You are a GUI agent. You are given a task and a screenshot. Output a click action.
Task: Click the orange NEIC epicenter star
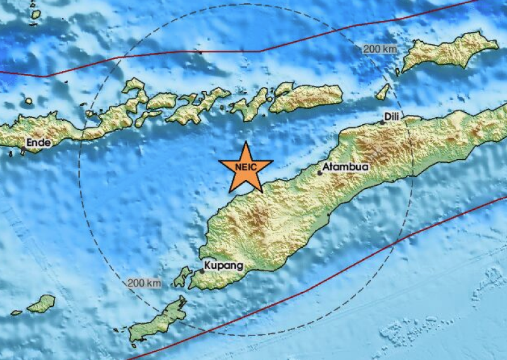(x=245, y=168)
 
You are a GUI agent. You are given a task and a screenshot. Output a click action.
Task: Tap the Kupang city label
(x=224, y=266)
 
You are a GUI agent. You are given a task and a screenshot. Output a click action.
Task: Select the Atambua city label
(x=345, y=167)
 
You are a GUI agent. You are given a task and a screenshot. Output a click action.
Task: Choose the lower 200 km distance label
(x=144, y=282)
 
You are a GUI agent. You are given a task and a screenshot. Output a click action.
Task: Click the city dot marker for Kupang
(x=202, y=271)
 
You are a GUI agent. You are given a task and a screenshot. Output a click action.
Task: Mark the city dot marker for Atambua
(x=321, y=172)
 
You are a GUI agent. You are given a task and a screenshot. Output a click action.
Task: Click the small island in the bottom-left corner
(x=43, y=303)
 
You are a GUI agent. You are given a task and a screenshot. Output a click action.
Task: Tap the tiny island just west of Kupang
(x=183, y=276)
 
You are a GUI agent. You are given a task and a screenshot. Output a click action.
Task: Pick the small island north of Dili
(x=382, y=93)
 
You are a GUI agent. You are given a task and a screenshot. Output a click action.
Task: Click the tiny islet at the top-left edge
(x=35, y=13)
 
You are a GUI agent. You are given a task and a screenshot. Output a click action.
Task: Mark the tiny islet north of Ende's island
(x=28, y=101)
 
